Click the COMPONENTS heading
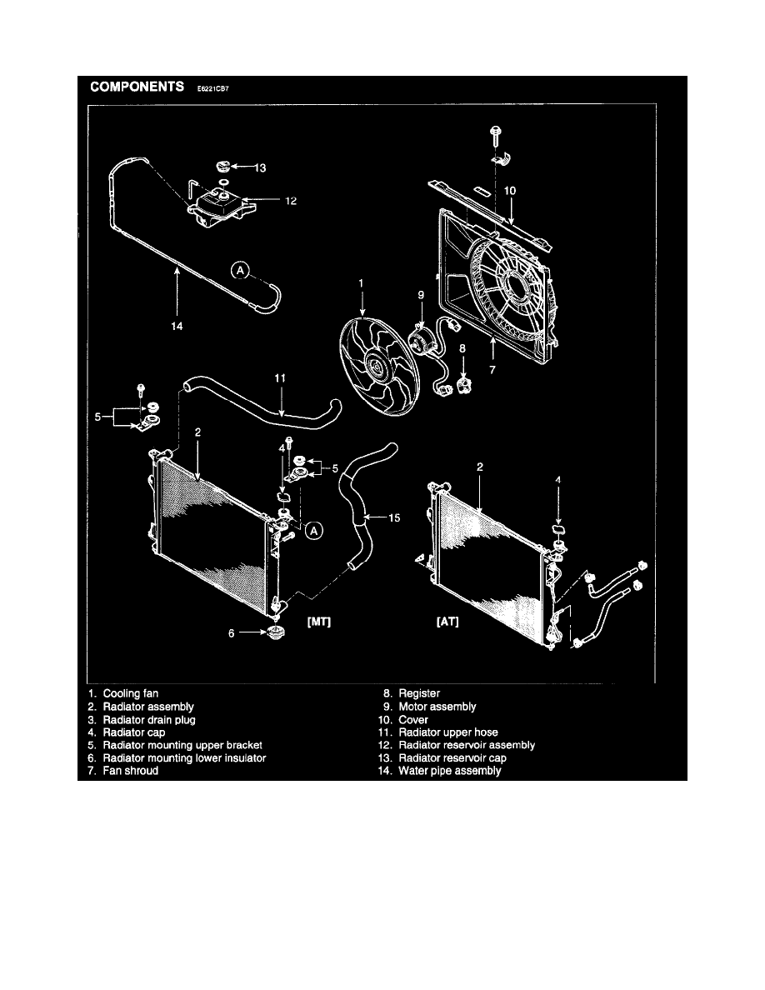coord(137,87)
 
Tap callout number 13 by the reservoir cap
coord(260,168)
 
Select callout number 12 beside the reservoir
coord(291,201)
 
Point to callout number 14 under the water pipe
coord(177,326)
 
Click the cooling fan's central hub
coord(373,366)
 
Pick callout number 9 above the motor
coord(421,295)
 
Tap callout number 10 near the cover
coord(510,191)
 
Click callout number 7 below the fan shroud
coord(492,370)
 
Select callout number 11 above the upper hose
coord(280,378)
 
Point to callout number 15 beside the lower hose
coord(394,517)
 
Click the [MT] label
coord(318,622)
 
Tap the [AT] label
coord(447,622)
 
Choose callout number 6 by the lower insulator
coord(232,633)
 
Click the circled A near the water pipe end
coord(240,271)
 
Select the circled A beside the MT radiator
coord(313,531)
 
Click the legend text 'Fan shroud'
coord(131,771)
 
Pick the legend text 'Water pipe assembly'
coord(449,771)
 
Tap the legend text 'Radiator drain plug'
coord(149,720)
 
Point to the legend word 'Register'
coord(419,693)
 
